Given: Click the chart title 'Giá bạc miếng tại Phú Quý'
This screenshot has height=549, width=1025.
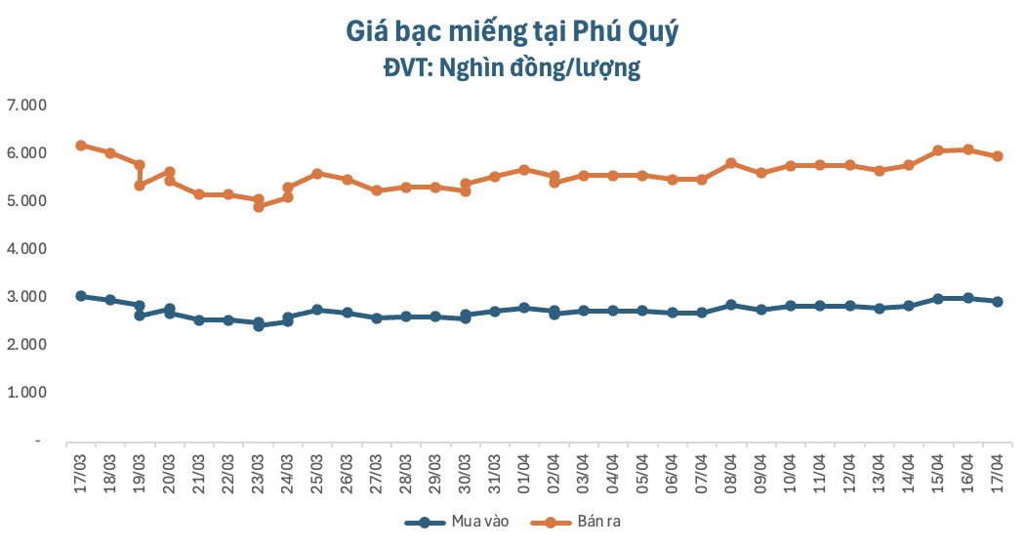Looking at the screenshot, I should pos(512,32).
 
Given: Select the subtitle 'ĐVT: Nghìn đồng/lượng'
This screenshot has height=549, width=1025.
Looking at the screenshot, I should pos(512,68).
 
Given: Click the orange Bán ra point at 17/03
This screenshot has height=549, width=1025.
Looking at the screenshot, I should pos(81,146).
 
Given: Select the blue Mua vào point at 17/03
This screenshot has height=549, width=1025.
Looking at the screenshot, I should pos(81,296).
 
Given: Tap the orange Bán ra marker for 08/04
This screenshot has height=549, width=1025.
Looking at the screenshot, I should pos(731,163).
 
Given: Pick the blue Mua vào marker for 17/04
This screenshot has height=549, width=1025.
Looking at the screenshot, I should pos(998,302).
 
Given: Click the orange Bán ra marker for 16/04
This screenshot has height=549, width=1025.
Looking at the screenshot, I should pos(967,149).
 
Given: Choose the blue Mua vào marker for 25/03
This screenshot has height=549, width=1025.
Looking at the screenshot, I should pos(317,310).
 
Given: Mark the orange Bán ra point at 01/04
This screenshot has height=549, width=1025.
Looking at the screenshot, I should pos(524,170).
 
